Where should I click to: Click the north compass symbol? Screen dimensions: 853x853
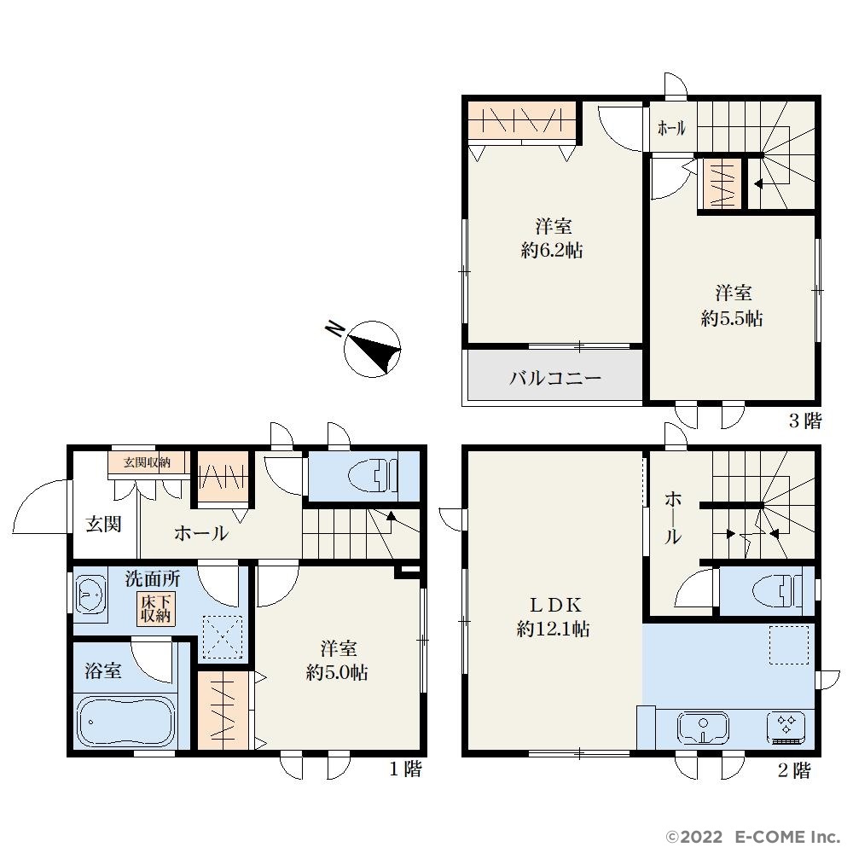coord(372,349)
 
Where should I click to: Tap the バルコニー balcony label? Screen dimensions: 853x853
coord(555,378)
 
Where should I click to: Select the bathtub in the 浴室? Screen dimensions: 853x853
coord(126,722)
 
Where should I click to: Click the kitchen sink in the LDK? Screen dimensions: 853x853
coord(703,728)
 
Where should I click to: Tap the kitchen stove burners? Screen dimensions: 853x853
coord(786,728)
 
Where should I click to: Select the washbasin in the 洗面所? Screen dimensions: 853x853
coord(91,595)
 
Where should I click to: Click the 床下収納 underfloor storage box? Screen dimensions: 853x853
coord(156,609)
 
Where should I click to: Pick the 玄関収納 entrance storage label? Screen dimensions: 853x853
coord(147,462)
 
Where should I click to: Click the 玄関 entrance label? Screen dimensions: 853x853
coord(103,525)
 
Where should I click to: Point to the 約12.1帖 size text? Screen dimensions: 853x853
coord(553,630)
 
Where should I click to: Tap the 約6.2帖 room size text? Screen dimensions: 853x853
coord(552,250)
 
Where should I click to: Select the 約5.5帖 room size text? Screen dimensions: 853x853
coord(732,318)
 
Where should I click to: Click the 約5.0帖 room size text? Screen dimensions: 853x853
coord(337,673)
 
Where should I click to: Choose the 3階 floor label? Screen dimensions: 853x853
coord(805,421)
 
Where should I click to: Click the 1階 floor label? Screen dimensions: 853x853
coord(405,769)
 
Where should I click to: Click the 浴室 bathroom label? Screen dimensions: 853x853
coord(103,670)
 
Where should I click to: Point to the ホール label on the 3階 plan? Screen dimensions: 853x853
coord(672,129)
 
